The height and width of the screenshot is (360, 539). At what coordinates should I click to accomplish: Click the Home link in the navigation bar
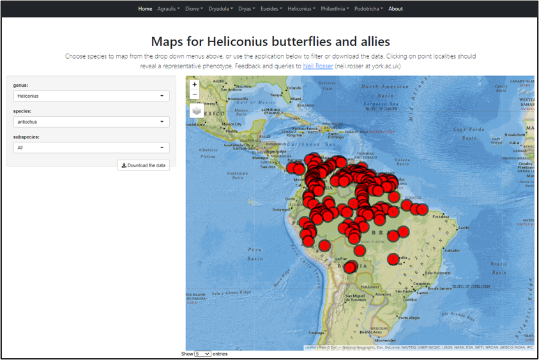(145, 9)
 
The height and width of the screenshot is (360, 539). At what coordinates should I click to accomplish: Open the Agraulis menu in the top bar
(169, 9)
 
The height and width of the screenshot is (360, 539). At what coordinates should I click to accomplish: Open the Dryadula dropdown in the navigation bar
(220, 9)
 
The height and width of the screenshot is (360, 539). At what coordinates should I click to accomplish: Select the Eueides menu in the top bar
(271, 9)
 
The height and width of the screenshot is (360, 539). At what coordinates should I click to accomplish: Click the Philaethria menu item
(336, 9)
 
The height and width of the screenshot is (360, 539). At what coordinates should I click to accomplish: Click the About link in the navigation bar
(395, 9)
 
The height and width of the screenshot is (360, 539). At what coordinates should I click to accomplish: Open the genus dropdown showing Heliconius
(91, 96)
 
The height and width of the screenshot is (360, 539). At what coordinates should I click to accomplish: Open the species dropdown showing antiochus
(91, 122)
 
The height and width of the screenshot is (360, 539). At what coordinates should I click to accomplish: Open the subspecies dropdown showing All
(91, 147)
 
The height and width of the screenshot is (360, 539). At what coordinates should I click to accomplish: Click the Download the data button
(144, 165)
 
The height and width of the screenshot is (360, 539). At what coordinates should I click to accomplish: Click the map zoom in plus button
(195, 84)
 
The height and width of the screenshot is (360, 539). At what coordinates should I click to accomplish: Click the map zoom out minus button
(195, 94)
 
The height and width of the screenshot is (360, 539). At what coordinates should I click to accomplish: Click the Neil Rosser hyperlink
(318, 66)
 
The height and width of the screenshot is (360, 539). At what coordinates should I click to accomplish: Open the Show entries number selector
(202, 354)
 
